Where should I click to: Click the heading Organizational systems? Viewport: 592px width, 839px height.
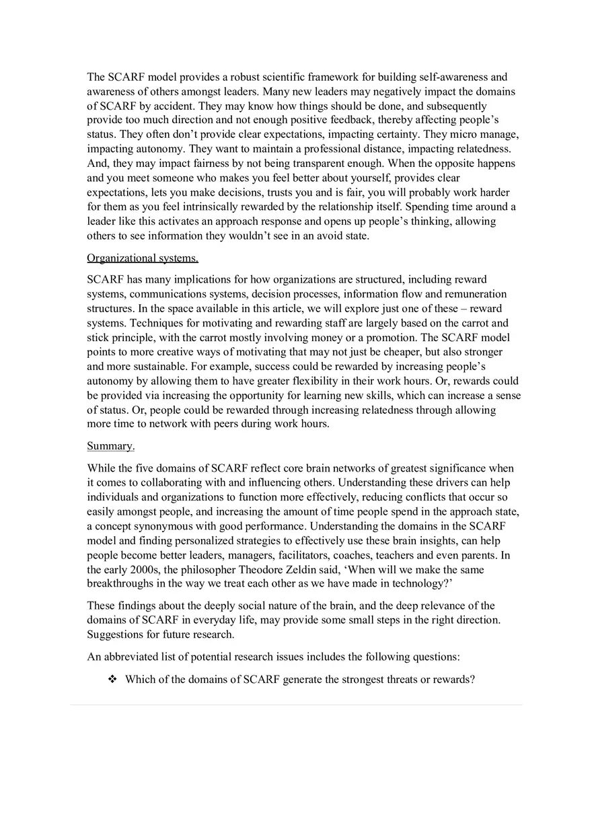click(143, 258)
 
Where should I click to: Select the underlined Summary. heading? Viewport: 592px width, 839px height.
click(110, 446)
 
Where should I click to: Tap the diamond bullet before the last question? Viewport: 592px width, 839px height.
click(112, 680)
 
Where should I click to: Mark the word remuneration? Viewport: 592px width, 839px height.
click(476, 294)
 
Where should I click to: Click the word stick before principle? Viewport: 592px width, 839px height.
click(98, 338)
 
